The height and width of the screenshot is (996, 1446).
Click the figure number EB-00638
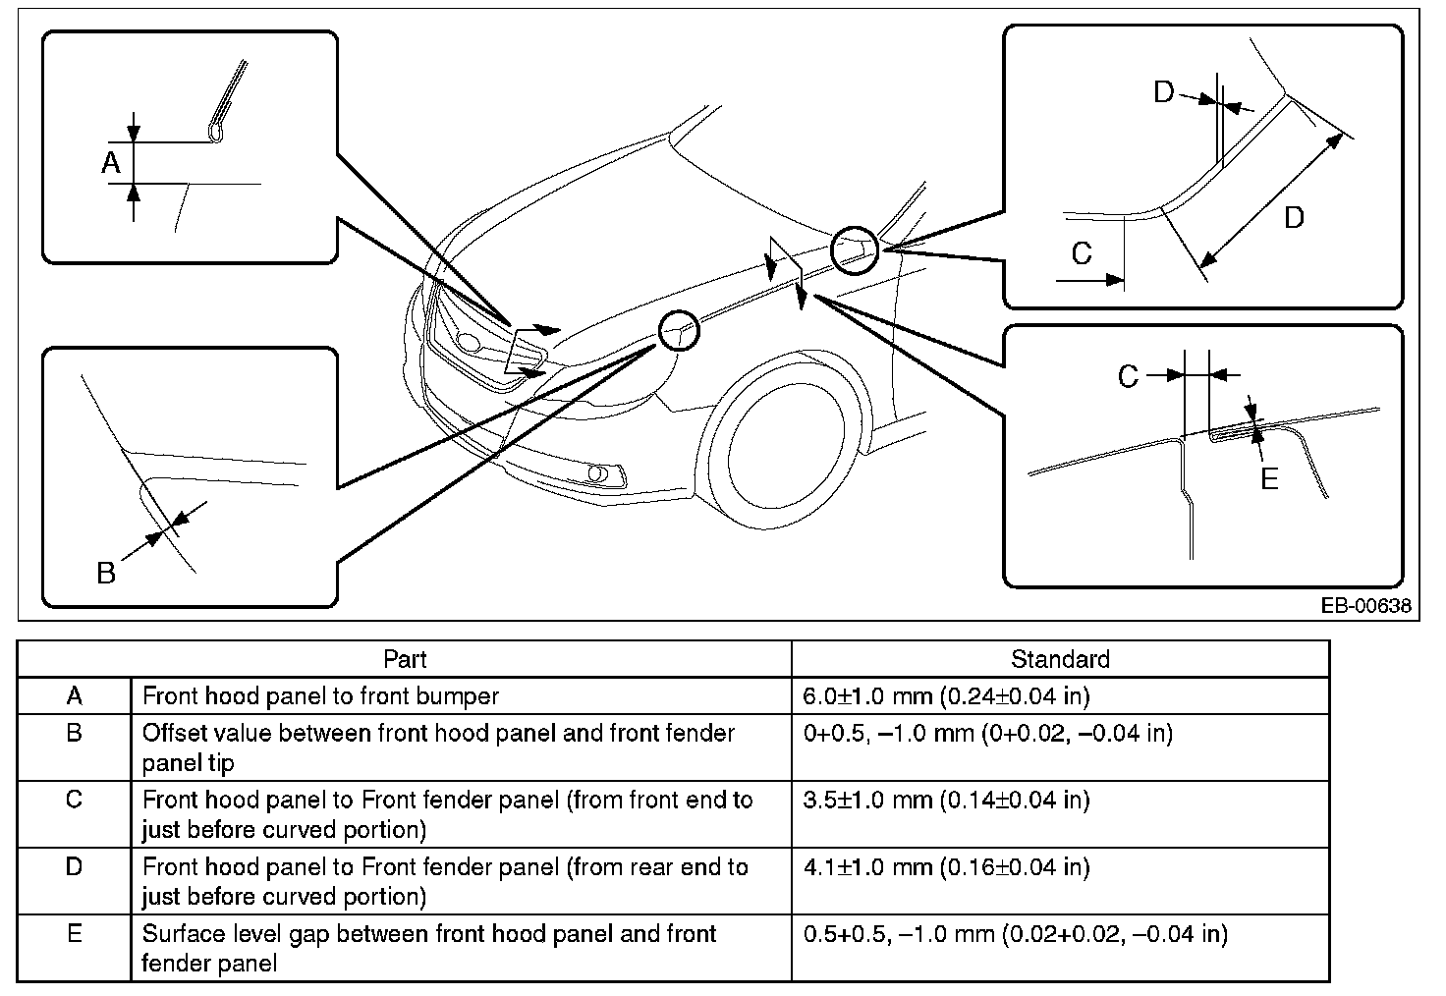[1364, 606]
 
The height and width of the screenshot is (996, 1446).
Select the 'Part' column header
[405, 659]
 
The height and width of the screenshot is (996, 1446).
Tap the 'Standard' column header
[1060, 659]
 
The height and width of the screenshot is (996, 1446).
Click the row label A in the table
[75, 696]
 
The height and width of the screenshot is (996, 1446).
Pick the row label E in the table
[75, 934]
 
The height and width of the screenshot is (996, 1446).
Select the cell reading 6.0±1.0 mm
[946, 696]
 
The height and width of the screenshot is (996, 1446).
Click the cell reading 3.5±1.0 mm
[946, 800]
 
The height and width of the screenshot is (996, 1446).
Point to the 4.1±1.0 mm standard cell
[946, 867]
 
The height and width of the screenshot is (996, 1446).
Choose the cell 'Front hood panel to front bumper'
[320, 696]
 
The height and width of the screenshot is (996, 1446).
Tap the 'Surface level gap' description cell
[429, 948]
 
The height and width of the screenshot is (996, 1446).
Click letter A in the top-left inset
[111, 163]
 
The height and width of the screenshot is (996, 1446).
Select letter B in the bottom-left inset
[106, 573]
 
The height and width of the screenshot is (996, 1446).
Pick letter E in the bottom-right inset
[1269, 479]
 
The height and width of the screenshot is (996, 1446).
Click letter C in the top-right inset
[1082, 253]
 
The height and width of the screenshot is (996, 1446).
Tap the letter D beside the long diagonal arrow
[1294, 218]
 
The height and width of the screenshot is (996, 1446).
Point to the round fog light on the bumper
[596, 474]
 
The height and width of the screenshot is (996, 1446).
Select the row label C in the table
[75, 800]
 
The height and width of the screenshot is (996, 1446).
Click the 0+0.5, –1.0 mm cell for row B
[987, 733]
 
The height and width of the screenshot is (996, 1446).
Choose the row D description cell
[445, 881]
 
